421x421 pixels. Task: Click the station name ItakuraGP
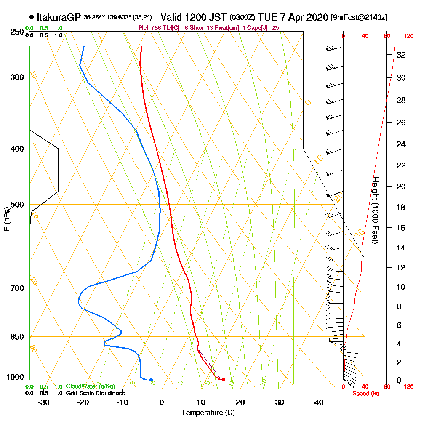tap(59, 17)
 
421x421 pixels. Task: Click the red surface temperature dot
tap(224, 380)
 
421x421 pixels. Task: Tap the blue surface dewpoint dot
tap(151, 380)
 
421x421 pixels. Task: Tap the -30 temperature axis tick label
tap(44, 402)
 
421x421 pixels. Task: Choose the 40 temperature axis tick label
tap(319, 402)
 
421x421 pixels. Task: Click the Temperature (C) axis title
tap(208, 413)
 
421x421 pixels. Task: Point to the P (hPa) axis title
tap(6, 218)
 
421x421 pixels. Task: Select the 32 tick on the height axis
tap(401, 55)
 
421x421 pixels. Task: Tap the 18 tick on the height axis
tap(401, 207)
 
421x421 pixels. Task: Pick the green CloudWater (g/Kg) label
tap(90, 386)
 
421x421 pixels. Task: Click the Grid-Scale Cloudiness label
tap(95, 393)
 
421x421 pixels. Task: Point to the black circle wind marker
tap(343, 348)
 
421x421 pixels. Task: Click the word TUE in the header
tap(268, 18)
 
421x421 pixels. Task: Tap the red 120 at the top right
tap(408, 36)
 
